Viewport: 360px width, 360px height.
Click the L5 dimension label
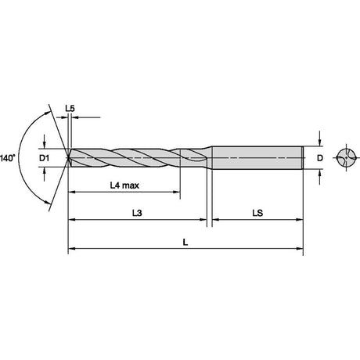pos(70,109)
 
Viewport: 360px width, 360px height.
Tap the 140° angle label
pos(8,158)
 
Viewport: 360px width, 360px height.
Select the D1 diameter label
pos(44,158)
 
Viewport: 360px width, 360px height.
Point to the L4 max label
pos(124,185)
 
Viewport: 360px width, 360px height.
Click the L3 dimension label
pos(137,213)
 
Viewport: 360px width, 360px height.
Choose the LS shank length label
pos(257,213)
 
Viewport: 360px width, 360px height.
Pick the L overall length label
pos(185,243)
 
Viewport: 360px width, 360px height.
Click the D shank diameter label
pos(320,158)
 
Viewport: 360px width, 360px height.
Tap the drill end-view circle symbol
pos(346,157)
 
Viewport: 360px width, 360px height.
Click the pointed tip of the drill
pos(67,157)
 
